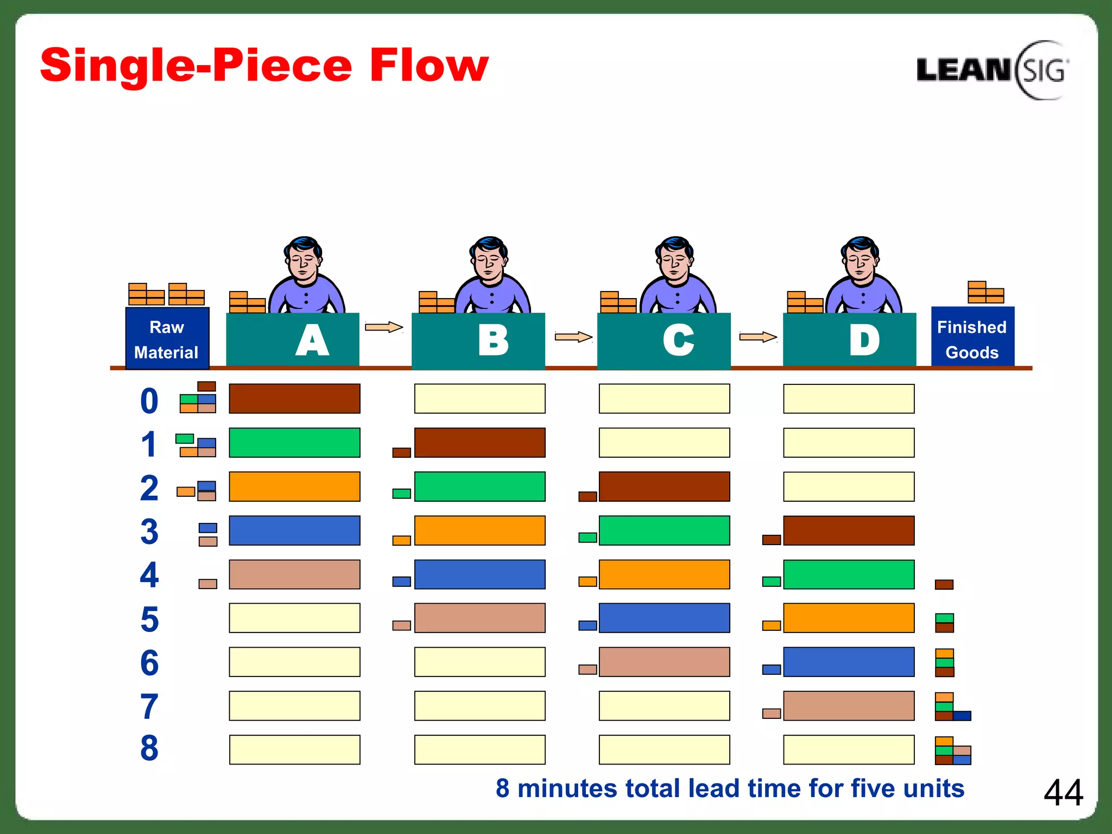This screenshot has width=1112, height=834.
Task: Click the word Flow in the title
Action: pyautogui.click(x=429, y=66)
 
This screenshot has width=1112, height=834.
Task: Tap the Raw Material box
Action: pyautogui.click(x=167, y=339)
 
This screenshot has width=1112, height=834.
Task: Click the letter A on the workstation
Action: pyautogui.click(x=312, y=341)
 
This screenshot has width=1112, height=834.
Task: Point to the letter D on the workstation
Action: pyautogui.click(x=864, y=341)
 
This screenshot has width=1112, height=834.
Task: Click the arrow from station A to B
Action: pyautogui.click(x=384, y=327)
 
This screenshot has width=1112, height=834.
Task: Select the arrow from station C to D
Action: pyautogui.click(x=758, y=337)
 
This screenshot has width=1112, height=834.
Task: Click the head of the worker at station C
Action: pyautogui.click(x=675, y=258)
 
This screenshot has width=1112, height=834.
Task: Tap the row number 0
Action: pyautogui.click(x=149, y=401)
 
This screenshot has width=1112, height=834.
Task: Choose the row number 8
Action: pyautogui.click(x=149, y=748)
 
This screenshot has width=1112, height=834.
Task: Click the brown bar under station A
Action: pyautogui.click(x=294, y=399)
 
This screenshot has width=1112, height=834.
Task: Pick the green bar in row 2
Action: pyautogui.click(x=479, y=486)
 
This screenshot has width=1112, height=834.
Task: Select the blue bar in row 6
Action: pyautogui.click(x=849, y=662)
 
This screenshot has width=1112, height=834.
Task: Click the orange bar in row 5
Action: pyautogui.click(x=849, y=618)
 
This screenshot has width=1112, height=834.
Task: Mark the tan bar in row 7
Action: pyautogui.click(x=849, y=706)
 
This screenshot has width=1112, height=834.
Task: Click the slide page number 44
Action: pyautogui.click(x=1063, y=793)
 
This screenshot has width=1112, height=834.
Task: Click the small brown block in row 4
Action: pyautogui.click(x=944, y=584)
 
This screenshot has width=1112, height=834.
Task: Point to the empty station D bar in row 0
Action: pyautogui.click(x=849, y=399)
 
